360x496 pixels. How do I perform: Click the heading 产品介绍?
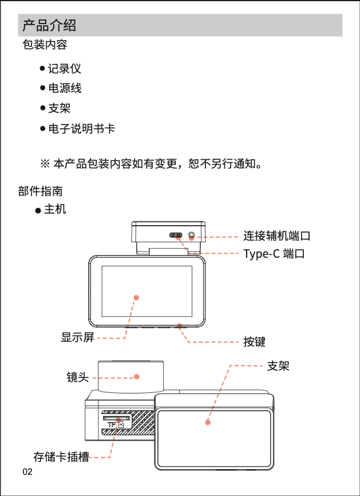49,26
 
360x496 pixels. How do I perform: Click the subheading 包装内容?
45,45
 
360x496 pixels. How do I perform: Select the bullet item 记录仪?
64,69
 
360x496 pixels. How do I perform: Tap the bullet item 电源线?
64,88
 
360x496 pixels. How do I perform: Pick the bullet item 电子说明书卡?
81,128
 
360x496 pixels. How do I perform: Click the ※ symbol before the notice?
45,164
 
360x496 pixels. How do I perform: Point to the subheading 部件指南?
41,191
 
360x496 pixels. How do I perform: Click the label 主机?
55,209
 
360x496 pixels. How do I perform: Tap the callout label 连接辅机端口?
276,235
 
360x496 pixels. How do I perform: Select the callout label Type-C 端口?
274,253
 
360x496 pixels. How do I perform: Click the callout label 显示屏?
78,337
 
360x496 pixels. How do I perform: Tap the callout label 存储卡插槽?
61,457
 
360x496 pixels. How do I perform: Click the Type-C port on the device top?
176,235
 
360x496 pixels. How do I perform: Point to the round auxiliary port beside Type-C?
191,235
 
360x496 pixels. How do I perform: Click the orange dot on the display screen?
136,297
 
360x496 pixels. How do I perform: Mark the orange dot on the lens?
137,376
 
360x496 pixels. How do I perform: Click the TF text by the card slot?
112,424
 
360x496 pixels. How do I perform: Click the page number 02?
27,472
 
